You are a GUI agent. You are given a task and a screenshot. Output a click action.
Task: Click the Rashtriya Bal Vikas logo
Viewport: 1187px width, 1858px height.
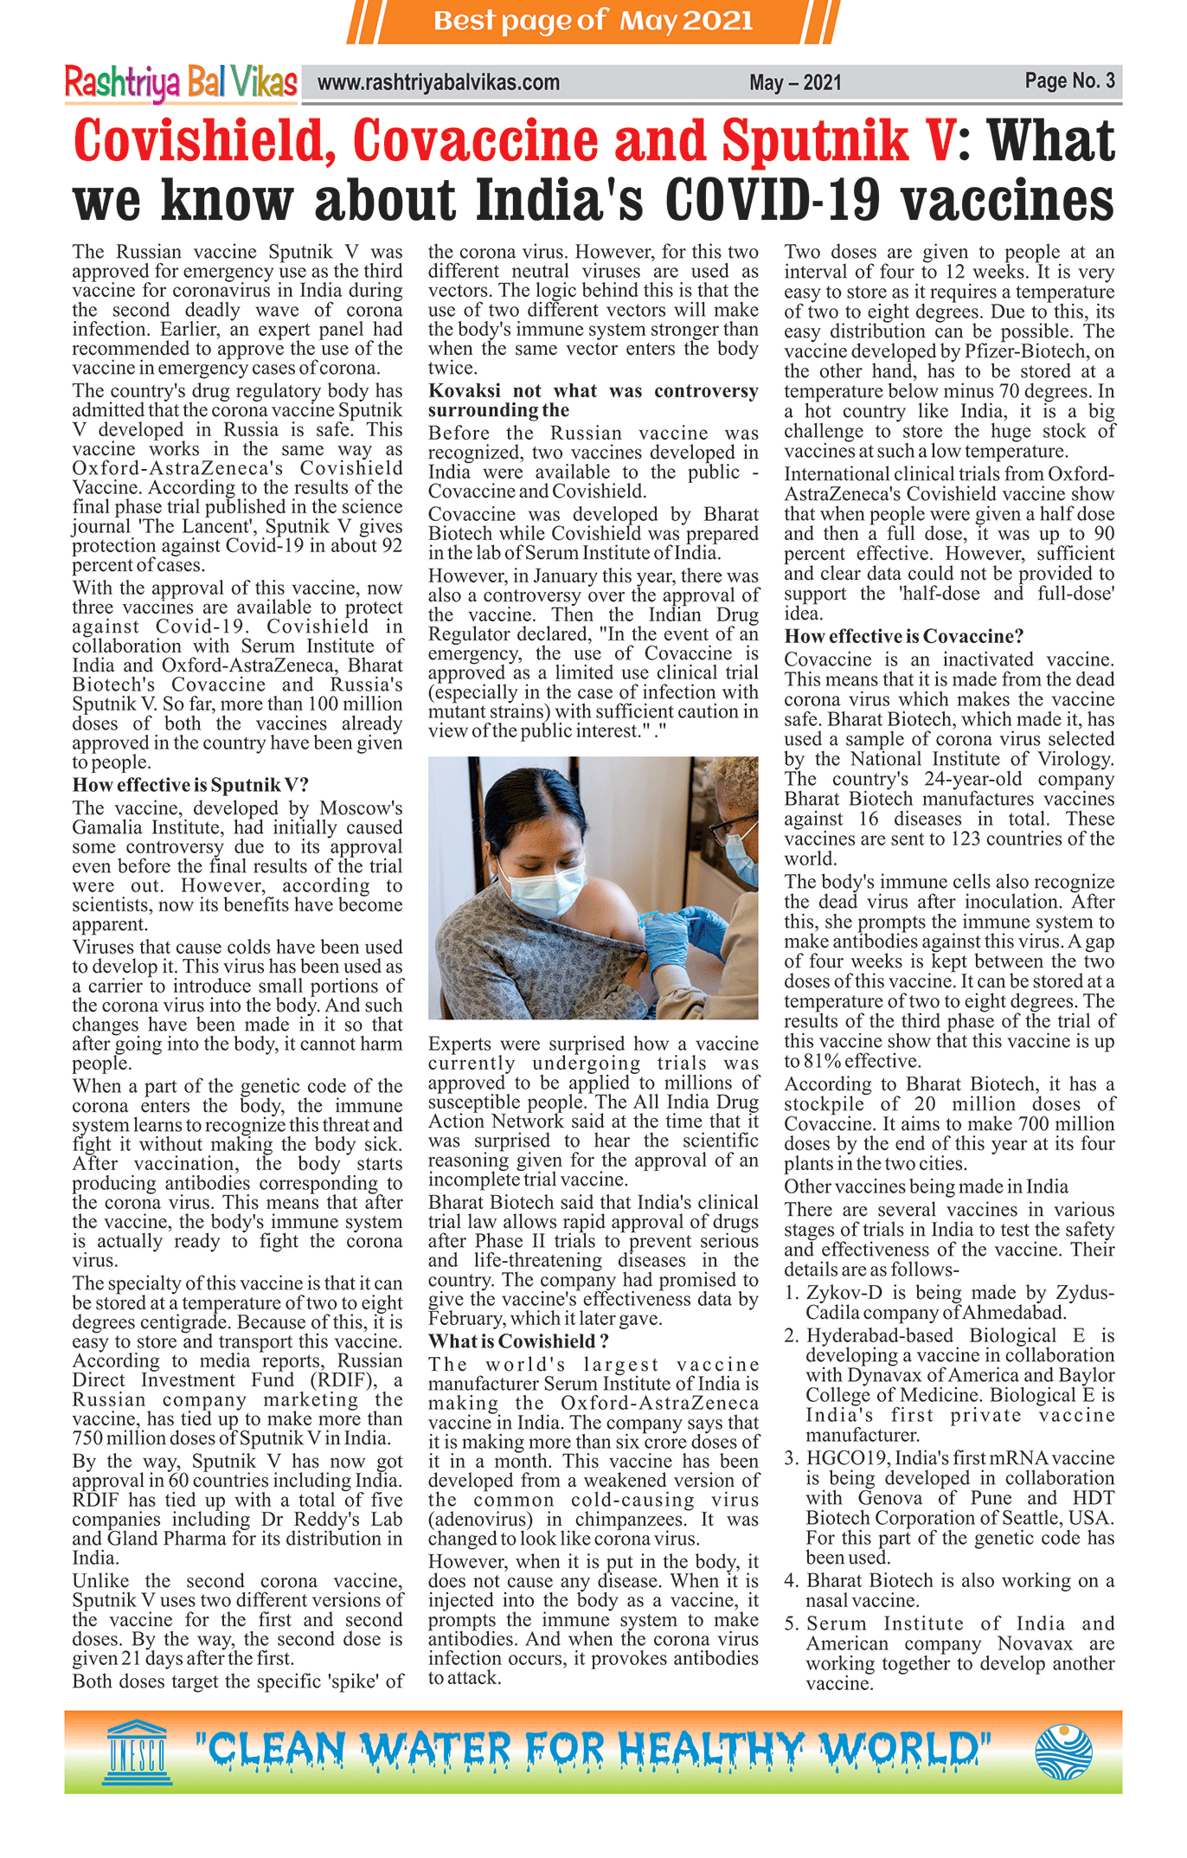[181, 83]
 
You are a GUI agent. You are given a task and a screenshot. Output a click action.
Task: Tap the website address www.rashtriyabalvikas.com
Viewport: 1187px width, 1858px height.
[439, 83]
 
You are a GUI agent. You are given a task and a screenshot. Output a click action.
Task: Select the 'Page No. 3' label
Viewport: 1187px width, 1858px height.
[1069, 81]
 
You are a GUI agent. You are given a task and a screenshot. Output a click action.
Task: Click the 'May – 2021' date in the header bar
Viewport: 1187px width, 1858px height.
[795, 83]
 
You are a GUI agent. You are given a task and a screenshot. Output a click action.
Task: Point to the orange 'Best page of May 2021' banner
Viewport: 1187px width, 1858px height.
[593, 21]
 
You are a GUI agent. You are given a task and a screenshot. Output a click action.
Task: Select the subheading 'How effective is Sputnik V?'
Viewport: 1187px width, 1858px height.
[190, 785]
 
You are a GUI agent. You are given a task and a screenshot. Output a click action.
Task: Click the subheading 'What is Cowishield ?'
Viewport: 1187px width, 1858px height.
[518, 1341]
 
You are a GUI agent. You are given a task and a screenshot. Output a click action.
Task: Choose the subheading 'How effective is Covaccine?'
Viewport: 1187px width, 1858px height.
[904, 637]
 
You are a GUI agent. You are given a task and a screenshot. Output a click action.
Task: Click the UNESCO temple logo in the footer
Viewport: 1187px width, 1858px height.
[137, 1752]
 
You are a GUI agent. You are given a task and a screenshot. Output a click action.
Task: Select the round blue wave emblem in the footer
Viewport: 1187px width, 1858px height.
[1063, 1752]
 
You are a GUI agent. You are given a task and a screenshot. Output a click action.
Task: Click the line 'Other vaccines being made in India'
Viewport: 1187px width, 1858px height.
[926, 1186]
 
